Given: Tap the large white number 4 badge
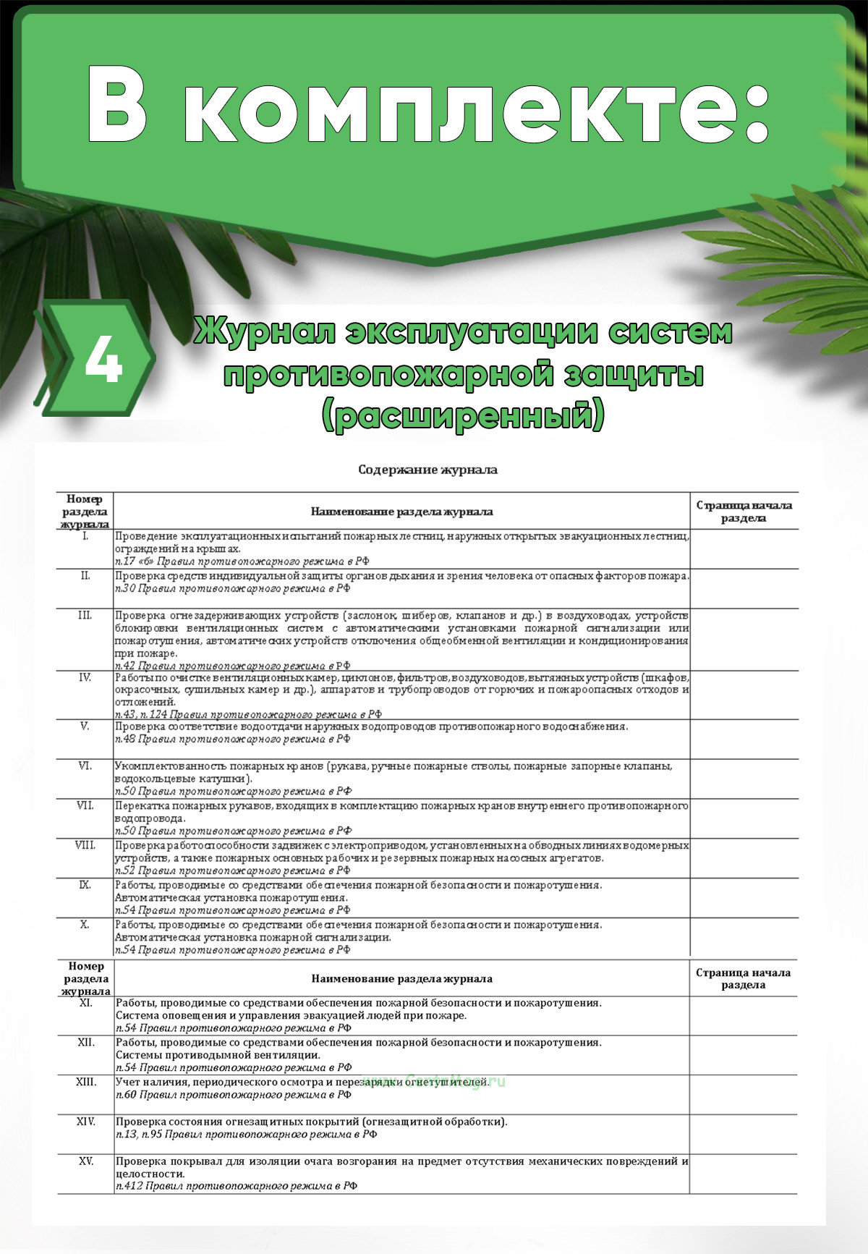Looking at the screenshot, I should click(x=103, y=360).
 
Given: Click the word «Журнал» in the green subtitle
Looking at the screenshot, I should click(x=264, y=332).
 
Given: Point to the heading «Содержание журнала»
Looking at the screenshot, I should click(x=427, y=470).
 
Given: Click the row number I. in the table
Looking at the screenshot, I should click(x=85, y=536).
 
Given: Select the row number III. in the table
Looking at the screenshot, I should click(x=85, y=615).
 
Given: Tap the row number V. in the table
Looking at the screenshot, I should click(x=85, y=726).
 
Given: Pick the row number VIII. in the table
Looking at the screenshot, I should click(x=85, y=845).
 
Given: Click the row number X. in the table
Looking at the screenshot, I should click(x=85, y=925).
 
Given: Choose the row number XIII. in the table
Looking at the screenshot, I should click(x=86, y=1082).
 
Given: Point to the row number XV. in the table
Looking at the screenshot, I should click(x=86, y=1161).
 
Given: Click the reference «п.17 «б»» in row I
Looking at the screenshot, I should click(x=134, y=561).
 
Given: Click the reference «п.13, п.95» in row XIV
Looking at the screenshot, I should click(x=139, y=1134).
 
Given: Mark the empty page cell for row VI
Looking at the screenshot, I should click(x=744, y=779).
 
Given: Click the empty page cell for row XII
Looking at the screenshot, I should click(x=744, y=1054).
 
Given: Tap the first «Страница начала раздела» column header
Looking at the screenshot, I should click(x=744, y=512).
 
